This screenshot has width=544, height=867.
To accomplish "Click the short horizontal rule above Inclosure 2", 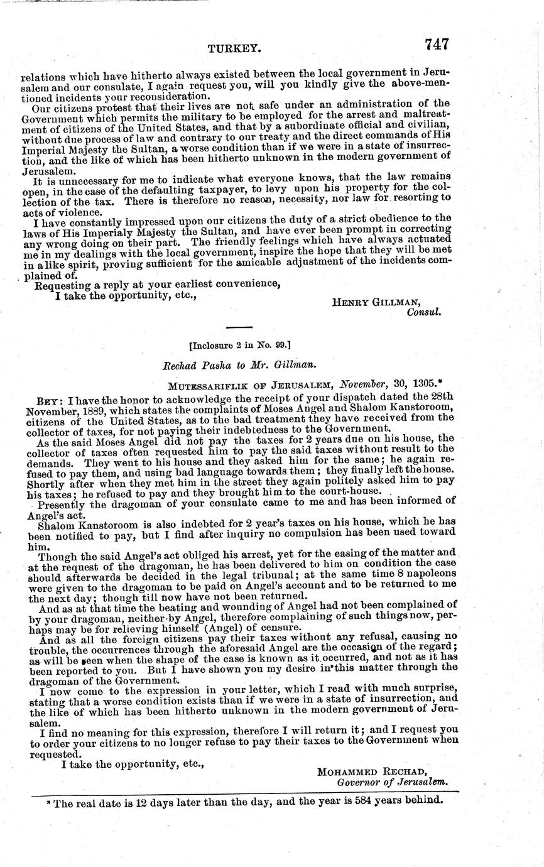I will [x=239, y=327].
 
